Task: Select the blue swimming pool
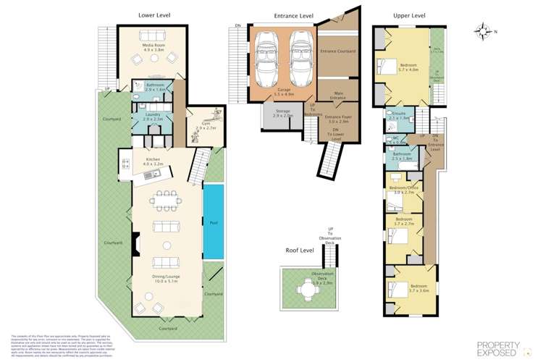(x=213, y=222)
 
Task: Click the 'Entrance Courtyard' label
(x=339, y=51)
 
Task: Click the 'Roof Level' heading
(x=301, y=250)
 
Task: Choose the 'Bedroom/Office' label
(x=403, y=191)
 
